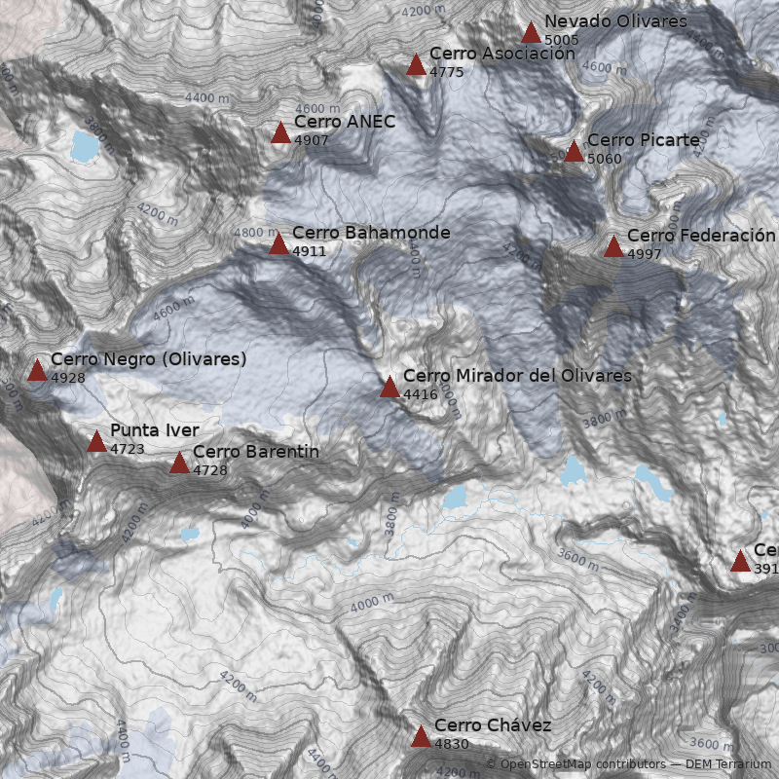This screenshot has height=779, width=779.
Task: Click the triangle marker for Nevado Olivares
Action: pyautogui.click(x=531, y=33)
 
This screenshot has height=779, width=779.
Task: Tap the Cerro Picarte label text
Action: pyautogui.click(x=643, y=140)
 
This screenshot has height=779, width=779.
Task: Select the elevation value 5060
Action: pyautogui.click(x=605, y=159)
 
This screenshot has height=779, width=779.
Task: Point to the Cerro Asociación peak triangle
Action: pyautogui.click(x=416, y=65)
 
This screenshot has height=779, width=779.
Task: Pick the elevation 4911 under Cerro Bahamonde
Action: pyautogui.click(x=309, y=251)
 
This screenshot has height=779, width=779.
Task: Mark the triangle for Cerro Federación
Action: pyautogui.click(x=613, y=246)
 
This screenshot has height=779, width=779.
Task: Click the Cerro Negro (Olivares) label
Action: pyautogui.click(x=148, y=359)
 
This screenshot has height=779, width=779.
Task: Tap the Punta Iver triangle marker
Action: pyautogui.click(x=96, y=442)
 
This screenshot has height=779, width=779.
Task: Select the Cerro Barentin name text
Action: pyautogui.click(x=255, y=452)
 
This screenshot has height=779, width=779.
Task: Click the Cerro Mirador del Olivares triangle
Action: pyautogui.click(x=389, y=388)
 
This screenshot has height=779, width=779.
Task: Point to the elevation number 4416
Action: pyautogui.click(x=420, y=394)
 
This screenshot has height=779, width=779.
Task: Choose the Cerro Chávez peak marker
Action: pyautogui.click(x=421, y=737)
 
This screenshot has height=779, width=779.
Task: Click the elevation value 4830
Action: pyautogui.click(x=452, y=744)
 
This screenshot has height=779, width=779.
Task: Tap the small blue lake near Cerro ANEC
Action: pyautogui.click(x=85, y=146)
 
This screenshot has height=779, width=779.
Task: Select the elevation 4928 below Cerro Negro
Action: pyautogui.click(x=68, y=377)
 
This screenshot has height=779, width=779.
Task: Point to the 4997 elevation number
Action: pyautogui.click(x=645, y=254)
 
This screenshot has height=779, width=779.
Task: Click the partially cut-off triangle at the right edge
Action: pyautogui.click(x=741, y=561)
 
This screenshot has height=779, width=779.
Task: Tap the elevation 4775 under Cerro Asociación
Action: pyautogui.click(x=447, y=72)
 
